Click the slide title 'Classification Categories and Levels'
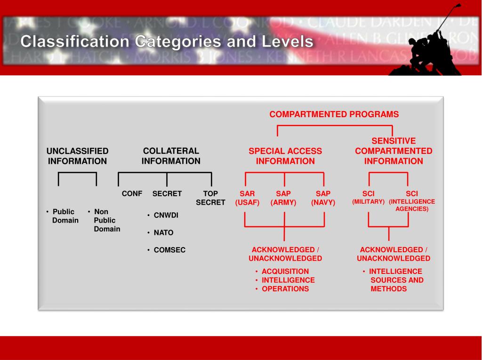(x=167, y=42)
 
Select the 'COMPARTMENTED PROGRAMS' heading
(x=334, y=114)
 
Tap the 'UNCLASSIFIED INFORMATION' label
(x=77, y=156)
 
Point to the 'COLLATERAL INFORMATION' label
(x=171, y=156)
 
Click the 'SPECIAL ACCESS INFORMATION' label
(x=285, y=156)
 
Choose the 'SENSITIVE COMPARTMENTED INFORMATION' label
(x=394, y=151)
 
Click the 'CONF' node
(x=132, y=193)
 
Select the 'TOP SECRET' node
(x=210, y=198)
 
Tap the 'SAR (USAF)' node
(x=247, y=198)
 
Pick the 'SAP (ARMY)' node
(x=283, y=198)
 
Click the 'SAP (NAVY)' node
(x=323, y=198)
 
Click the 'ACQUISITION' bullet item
(x=285, y=271)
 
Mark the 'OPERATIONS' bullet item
(x=285, y=289)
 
